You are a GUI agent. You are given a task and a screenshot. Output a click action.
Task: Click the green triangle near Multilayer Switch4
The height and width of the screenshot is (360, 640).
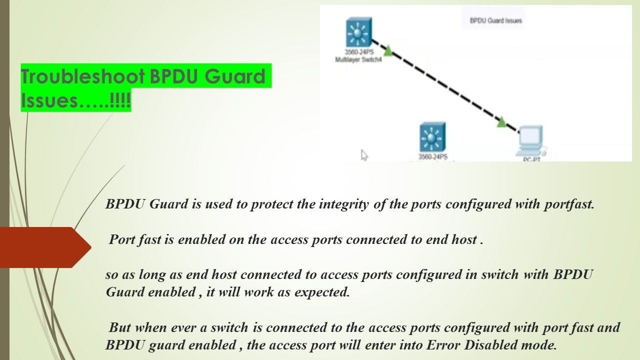[387, 49]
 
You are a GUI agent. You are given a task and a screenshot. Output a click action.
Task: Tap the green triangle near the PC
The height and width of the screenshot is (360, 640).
[502, 122]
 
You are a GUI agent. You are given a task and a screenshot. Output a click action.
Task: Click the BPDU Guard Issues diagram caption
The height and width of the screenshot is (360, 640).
[495, 21]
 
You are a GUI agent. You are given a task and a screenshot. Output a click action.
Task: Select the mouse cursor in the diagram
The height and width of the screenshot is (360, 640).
[364, 155]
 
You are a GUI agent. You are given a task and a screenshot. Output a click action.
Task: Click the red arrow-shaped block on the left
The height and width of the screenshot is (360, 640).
[42, 247]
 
